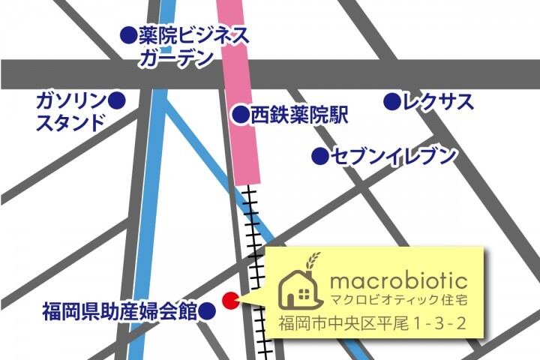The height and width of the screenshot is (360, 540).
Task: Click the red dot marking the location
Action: point(231,300)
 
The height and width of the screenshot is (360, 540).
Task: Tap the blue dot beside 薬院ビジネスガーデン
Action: point(128,34)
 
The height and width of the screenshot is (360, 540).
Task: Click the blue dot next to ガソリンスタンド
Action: point(116,100)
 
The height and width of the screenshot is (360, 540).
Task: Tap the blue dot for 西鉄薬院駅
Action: point(240,115)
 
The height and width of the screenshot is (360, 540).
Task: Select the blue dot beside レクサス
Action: point(391,100)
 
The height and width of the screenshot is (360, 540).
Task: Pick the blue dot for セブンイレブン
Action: point(320,157)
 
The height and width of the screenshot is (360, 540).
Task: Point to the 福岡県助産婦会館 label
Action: point(119,310)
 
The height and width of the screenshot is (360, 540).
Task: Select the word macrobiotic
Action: point(399,282)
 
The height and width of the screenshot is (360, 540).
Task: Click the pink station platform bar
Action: point(242,90)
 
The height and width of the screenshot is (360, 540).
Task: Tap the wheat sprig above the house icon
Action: point(311,260)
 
